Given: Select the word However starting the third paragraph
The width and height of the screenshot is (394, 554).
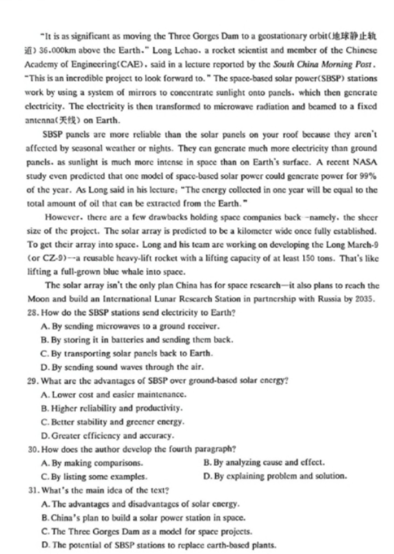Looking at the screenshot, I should point(63,217).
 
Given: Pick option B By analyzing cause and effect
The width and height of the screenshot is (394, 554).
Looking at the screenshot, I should point(264,463).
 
